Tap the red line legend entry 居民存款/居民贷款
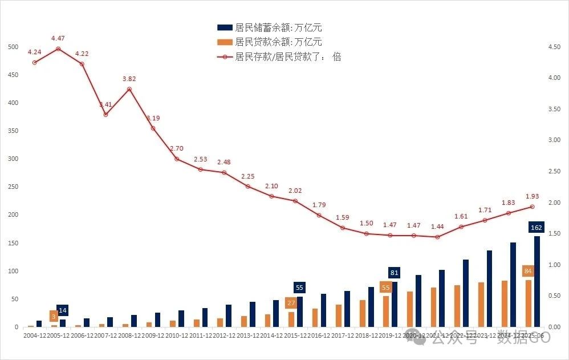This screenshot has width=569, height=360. point(279,56)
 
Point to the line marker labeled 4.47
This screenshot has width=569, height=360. point(58,49)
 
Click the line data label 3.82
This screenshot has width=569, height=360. point(129,79)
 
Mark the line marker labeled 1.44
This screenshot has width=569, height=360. point(437,237)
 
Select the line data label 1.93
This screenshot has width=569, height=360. point(531,196)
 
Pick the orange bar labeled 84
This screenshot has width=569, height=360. point(528,303)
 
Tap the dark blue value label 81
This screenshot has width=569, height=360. point(395,272)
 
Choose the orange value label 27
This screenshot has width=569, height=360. point(291,303)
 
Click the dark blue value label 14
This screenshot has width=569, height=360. point(63,310)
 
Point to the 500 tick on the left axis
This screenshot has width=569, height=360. point(13,47)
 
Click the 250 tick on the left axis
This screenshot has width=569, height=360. point(13,187)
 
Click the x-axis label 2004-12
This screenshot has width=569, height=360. point(35,336)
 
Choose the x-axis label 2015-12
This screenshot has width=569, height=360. point(295,336)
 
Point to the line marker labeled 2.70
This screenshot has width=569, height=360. point(177,159)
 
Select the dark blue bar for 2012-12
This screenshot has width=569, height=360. point(229,315)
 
